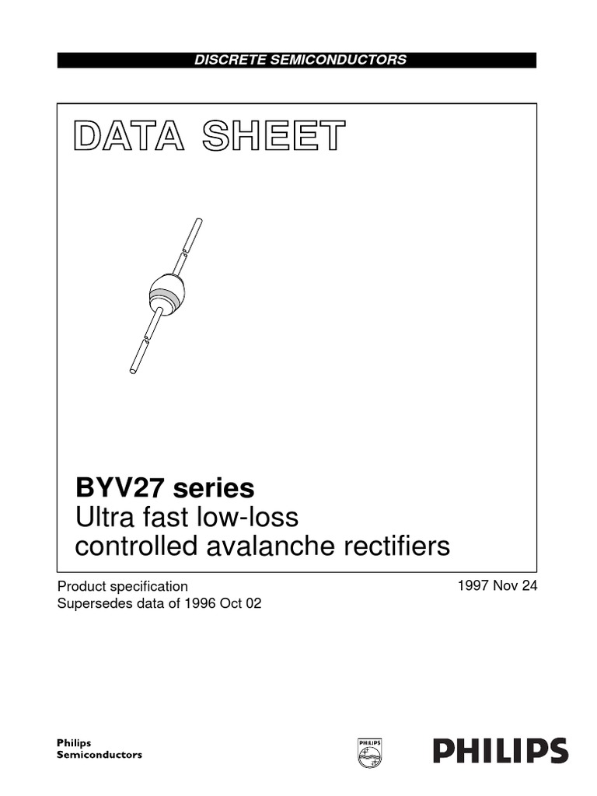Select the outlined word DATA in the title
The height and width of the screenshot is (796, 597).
(128, 136)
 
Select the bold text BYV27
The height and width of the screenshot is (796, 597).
(120, 488)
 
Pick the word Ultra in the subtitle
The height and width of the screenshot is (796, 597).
(101, 517)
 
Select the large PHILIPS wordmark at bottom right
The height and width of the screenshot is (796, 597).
(500, 750)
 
